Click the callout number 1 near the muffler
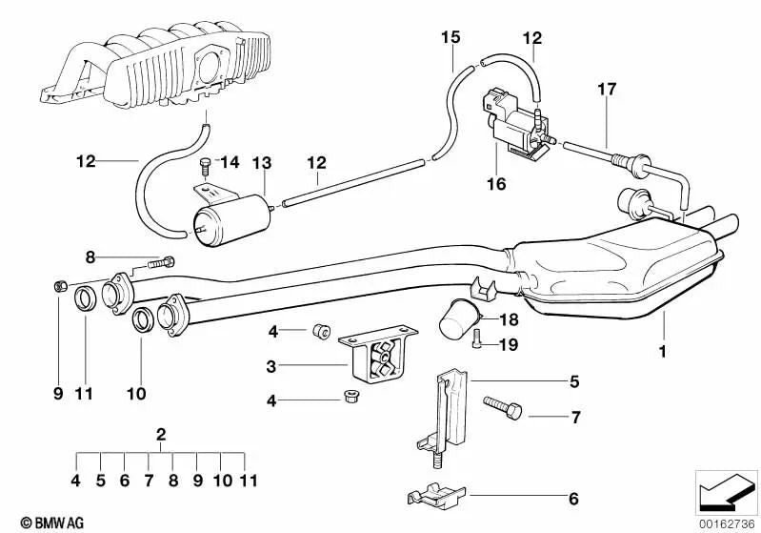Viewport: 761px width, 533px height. click(660, 352)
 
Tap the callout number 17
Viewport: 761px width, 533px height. click(607, 90)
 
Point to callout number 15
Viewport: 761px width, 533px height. click(451, 37)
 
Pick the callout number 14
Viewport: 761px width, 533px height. click(230, 162)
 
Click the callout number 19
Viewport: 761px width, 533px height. click(510, 345)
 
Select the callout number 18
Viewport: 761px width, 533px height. click(509, 321)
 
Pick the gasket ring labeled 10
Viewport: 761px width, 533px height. click(141, 320)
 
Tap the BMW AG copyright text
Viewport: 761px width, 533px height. click(33, 523)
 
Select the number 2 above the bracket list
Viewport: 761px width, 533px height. click(161, 435)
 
